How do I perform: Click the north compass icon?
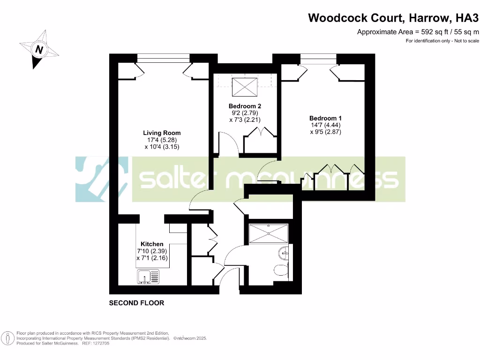click(x=39, y=49)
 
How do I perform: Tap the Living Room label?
click(x=162, y=133)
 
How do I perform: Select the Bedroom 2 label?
click(x=245, y=106)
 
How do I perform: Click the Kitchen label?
click(x=152, y=244)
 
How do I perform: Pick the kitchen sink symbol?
click(x=148, y=277)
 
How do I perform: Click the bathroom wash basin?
click(x=284, y=254)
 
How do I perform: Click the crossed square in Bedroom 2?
click(x=245, y=86)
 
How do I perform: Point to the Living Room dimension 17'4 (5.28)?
click(x=162, y=140)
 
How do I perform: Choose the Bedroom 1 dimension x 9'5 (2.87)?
click(x=325, y=132)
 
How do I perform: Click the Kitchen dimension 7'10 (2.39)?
click(x=152, y=251)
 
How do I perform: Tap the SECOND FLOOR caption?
click(x=136, y=303)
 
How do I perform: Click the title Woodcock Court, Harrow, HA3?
click(x=393, y=18)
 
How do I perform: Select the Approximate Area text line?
click(x=418, y=32)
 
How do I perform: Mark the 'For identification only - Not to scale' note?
click(x=442, y=41)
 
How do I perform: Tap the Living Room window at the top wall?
click(x=163, y=58)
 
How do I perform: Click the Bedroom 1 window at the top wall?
click(x=318, y=58)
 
